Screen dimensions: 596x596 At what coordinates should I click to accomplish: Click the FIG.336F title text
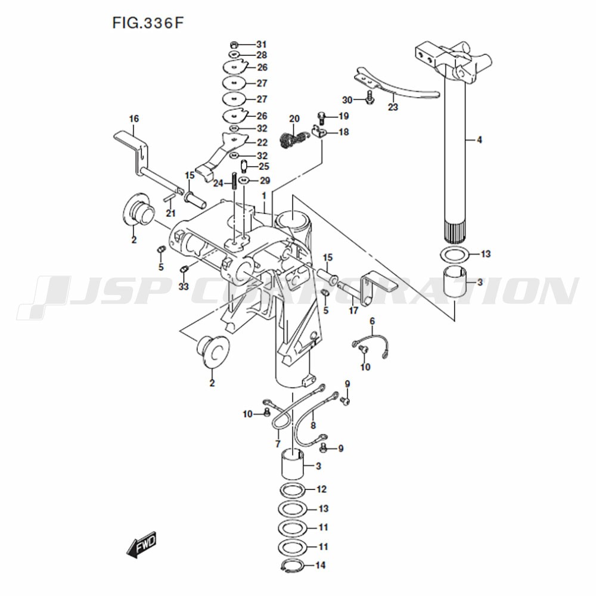[148, 23]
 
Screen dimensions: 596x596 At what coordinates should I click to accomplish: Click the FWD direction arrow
[141, 545]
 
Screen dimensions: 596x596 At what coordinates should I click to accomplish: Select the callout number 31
[262, 45]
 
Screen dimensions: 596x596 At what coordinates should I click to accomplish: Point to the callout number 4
[479, 140]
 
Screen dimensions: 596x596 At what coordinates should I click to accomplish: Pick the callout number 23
[393, 107]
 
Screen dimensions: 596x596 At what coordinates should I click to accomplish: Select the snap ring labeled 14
[293, 566]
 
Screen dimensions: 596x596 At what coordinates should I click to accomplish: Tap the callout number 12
[322, 489]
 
